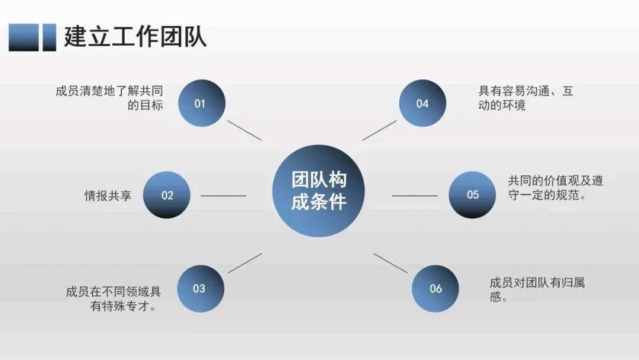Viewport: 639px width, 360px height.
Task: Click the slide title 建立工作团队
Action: (x=135, y=37)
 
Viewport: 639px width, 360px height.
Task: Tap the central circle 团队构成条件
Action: (x=318, y=191)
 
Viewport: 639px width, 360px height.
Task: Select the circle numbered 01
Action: (x=201, y=103)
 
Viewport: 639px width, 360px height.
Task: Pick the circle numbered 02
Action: (x=167, y=195)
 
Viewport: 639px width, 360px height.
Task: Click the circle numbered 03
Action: (x=200, y=288)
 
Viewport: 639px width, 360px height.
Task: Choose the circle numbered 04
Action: (x=422, y=103)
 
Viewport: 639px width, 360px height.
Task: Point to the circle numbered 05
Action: (x=472, y=194)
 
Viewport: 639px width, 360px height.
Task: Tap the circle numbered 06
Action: (x=435, y=288)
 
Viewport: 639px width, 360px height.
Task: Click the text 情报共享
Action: (x=108, y=195)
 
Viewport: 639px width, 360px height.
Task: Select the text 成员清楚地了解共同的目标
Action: (x=109, y=98)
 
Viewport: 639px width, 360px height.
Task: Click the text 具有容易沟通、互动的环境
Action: (x=525, y=98)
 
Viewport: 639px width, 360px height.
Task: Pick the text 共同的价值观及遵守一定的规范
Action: (x=555, y=188)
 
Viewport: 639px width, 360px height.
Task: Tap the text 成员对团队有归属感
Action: (x=537, y=290)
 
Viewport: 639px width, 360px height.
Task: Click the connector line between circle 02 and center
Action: (x=224, y=195)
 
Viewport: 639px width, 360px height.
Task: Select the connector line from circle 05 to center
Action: (x=415, y=195)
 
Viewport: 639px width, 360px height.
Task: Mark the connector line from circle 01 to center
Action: (x=244, y=130)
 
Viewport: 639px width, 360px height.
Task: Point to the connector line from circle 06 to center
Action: (x=390, y=263)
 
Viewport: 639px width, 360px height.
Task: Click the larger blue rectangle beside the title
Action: (x=24, y=37)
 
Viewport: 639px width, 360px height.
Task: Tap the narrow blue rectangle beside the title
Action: (x=49, y=37)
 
